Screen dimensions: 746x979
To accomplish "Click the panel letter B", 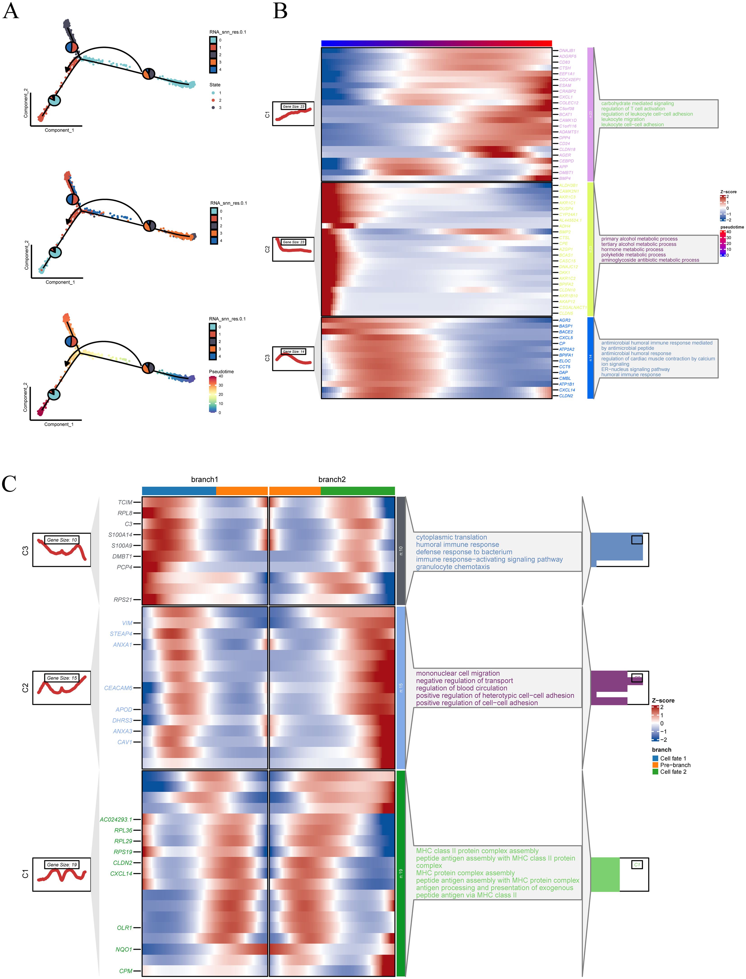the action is coord(280,11).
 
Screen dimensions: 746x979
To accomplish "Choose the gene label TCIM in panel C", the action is coord(125,502).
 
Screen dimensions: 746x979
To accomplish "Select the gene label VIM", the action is coord(127,623).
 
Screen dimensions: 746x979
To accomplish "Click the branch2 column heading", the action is coord(332,480).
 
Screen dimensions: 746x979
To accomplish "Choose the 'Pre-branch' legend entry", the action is coord(675,765).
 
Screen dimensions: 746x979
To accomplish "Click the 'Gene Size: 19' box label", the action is coord(62,864).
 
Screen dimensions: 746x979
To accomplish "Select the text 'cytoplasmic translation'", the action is coord(451,537).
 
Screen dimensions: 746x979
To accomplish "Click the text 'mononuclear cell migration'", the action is coord(457,673).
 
